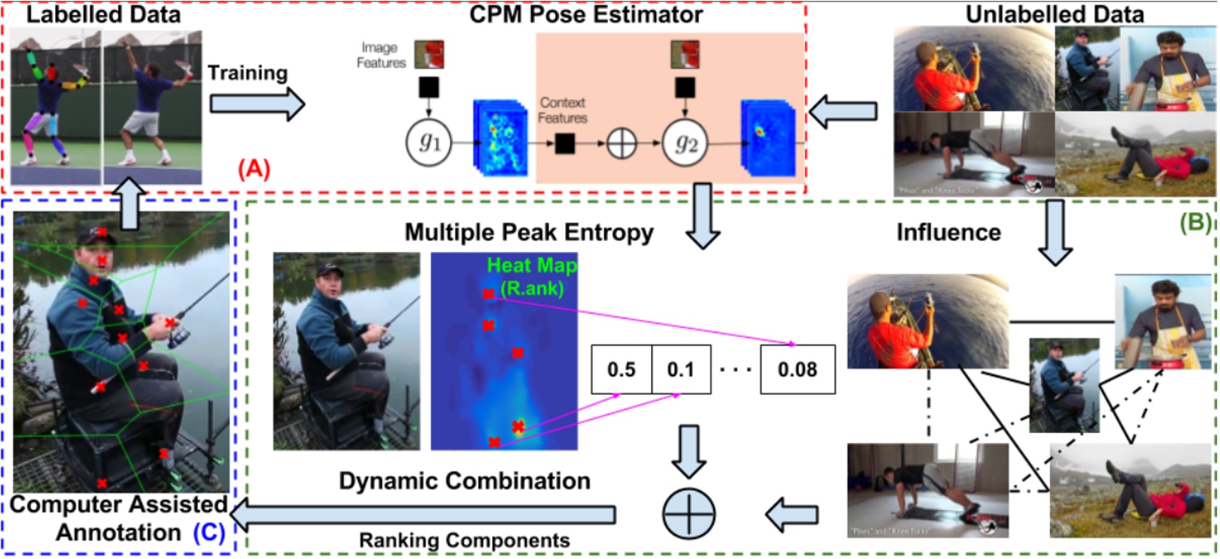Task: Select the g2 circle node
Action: (x=685, y=144)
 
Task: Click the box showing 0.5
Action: (x=621, y=369)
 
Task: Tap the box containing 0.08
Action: (x=798, y=369)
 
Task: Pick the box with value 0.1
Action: (x=681, y=369)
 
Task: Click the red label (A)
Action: (x=254, y=168)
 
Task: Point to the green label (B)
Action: (x=1195, y=222)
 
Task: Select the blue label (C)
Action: (x=209, y=532)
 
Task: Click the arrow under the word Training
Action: (x=257, y=104)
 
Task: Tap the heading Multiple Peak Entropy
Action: (x=529, y=232)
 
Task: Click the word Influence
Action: (x=948, y=232)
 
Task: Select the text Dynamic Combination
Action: (x=464, y=481)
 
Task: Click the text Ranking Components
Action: (x=464, y=541)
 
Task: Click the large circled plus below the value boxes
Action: (x=689, y=514)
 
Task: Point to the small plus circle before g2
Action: (x=621, y=144)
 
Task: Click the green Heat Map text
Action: (x=531, y=265)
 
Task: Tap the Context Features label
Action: (x=563, y=110)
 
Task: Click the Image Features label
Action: (x=381, y=55)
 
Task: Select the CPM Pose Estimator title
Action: (x=586, y=14)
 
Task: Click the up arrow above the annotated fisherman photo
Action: (x=129, y=203)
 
